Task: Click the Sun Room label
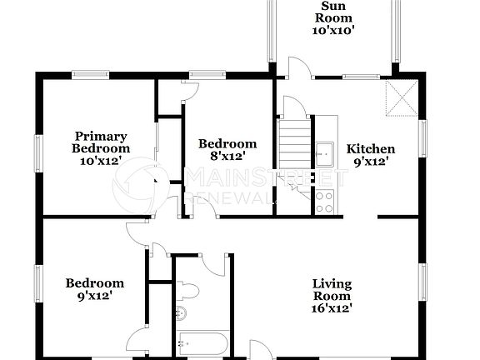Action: [x=332, y=12]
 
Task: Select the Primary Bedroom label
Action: [x=100, y=142]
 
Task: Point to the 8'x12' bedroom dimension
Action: [x=227, y=156]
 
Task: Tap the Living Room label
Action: [x=332, y=289]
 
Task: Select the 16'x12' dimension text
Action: [x=332, y=307]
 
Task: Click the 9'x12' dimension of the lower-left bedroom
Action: [x=94, y=295]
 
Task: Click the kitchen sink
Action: [x=323, y=152]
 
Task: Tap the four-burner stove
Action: [x=324, y=202]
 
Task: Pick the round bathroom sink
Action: [x=181, y=314]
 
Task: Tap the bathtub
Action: [x=200, y=342]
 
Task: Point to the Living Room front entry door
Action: [x=260, y=349]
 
